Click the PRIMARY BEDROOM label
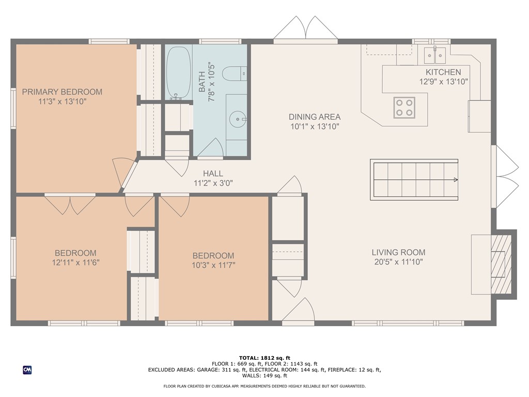click(x=62, y=92)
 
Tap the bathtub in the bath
click(x=178, y=73)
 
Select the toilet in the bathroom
click(x=236, y=74)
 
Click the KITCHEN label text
click(x=443, y=72)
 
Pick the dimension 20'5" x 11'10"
click(x=398, y=262)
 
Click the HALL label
click(x=213, y=174)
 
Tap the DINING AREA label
click(x=314, y=117)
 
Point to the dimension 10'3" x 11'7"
click(x=213, y=265)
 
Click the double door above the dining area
click(x=306, y=28)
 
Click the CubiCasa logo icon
click(x=27, y=370)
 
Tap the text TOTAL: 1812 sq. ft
click(x=264, y=358)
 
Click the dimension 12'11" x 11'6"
click(x=75, y=262)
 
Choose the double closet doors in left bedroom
click(x=70, y=204)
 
